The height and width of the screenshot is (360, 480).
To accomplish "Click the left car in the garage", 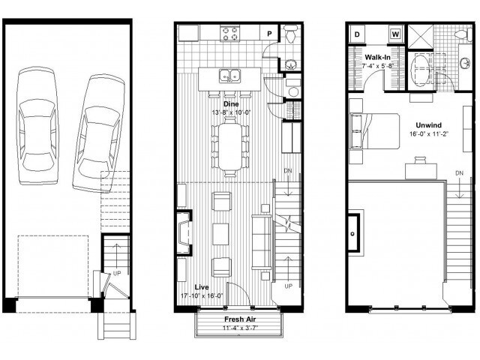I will coord(37,120).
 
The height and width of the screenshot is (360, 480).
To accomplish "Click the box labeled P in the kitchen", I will coord(269,33).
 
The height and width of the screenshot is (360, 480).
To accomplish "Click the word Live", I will coord(202,287).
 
